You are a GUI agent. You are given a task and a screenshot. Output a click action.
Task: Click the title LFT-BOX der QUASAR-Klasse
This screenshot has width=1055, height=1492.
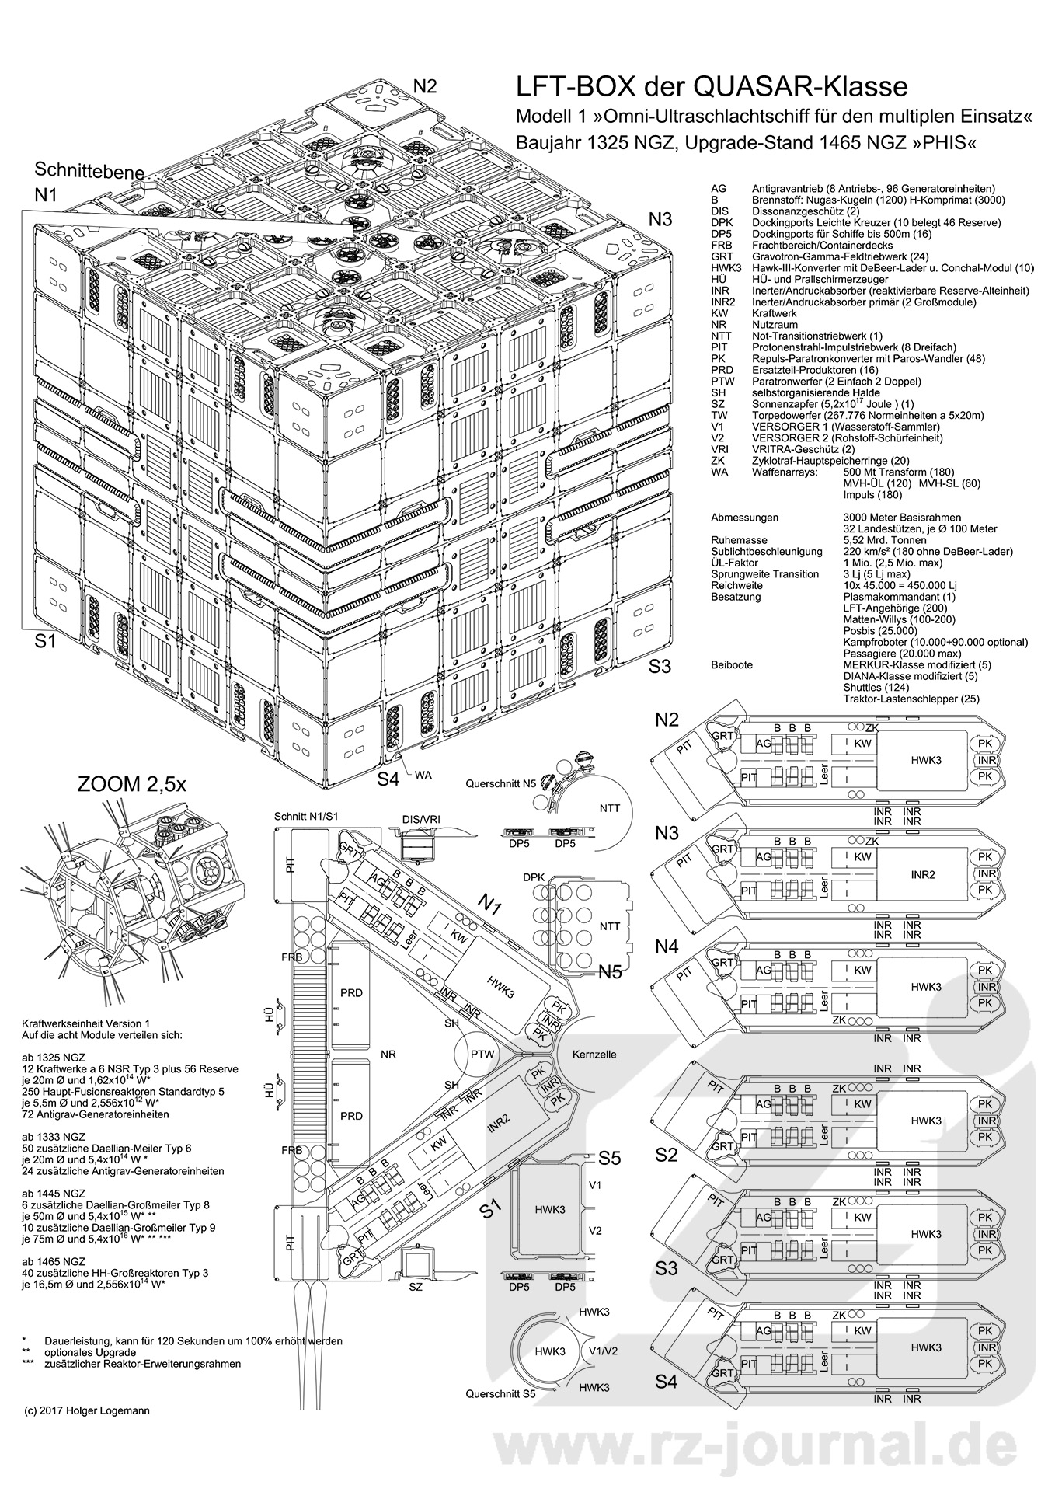click(712, 85)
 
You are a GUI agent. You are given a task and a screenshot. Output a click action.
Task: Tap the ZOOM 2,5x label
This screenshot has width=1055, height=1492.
click(132, 784)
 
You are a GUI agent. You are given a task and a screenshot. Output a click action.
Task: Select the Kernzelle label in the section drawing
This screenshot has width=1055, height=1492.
click(594, 1055)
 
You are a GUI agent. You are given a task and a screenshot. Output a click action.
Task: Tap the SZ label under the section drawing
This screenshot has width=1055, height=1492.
click(416, 1287)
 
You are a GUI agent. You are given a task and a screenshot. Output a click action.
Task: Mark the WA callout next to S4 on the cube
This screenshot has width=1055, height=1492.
click(423, 776)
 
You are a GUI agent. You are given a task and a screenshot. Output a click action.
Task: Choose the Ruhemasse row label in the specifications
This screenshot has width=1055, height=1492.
click(739, 540)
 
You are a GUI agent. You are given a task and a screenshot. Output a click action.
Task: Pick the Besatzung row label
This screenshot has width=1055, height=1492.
click(736, 597)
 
